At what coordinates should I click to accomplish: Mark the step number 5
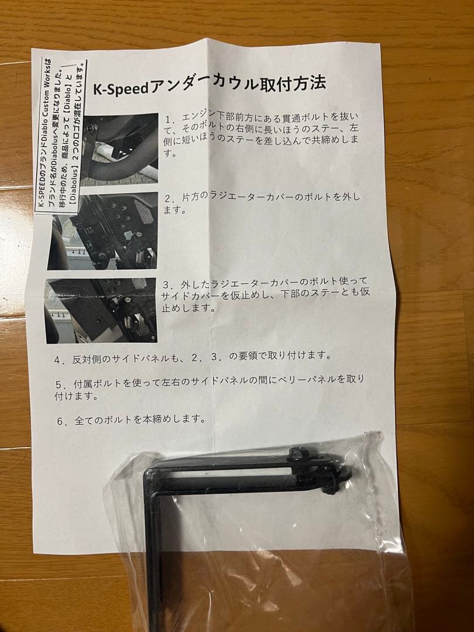(x=59, y=386)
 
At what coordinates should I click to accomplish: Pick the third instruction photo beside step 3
(x=101, y=310)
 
